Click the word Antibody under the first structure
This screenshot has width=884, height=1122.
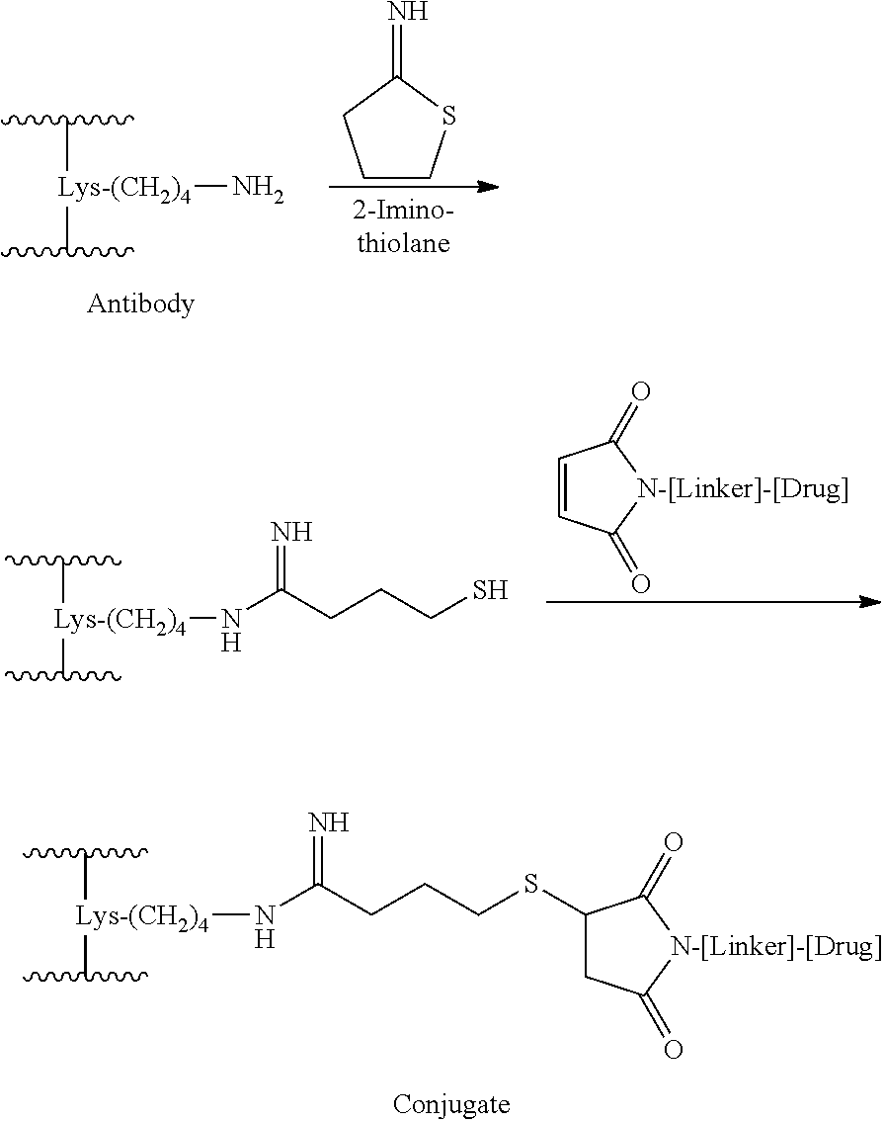(140, 304)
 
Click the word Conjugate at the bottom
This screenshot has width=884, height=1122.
(451, 1103)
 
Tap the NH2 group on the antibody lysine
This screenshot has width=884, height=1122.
(258, 192)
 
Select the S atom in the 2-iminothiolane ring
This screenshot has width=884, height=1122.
(448, 116)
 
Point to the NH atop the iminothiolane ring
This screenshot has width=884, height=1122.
(407, 12)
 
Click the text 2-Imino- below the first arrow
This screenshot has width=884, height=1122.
(403, 212)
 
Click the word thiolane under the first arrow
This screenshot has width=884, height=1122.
(404, 243)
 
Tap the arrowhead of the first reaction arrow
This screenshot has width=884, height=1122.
(488, 187)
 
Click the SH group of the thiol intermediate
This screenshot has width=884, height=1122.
(490, 590)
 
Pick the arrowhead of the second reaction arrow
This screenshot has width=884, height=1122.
(870, 602)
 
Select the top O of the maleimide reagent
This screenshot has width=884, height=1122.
(641, 391)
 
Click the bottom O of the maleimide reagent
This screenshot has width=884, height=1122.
(641, 584)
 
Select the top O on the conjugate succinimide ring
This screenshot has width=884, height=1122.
(673, 842)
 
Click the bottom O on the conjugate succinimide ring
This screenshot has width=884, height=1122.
(673, 1049)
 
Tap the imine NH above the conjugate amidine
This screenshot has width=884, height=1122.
(328, 822)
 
